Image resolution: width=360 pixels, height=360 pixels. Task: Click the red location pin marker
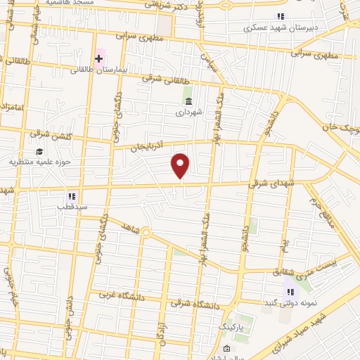[181, 165]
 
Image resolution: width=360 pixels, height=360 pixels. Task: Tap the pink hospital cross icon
[99, 58]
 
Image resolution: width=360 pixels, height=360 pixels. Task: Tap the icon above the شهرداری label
[188, 101]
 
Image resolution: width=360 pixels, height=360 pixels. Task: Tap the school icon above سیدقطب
[72, 195]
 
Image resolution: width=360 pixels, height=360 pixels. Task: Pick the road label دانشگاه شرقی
[190, 304]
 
